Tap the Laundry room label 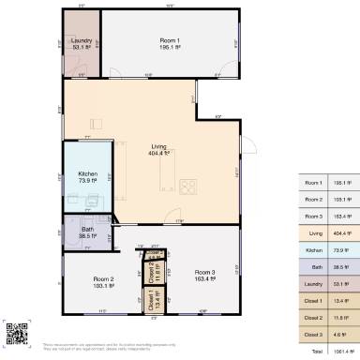coord(80,41)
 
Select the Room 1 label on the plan coord(169,41)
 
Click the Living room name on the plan coord(160,146)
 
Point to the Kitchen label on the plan coord(88,174)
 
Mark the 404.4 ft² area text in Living coord(160,154)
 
